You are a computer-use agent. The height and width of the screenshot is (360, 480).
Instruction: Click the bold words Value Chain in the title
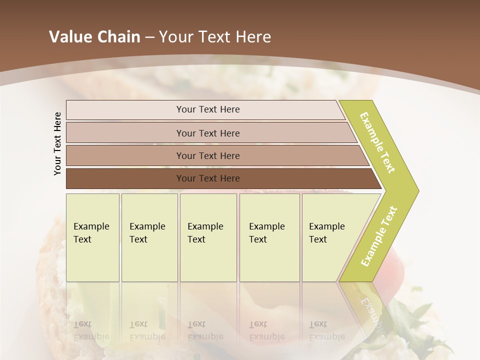coord(94,37)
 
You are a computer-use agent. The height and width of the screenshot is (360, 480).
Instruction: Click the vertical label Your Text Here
coord(57,144)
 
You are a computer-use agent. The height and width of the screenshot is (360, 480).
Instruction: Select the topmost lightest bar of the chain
coord(125,110)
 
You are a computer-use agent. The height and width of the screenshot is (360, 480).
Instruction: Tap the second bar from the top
coord(125,133)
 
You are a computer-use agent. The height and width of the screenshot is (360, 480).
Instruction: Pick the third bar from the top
coord(125,155)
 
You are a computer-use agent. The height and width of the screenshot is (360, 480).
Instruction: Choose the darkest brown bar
coord(125,178)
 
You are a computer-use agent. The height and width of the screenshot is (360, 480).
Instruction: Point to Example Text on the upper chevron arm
coord(377,142)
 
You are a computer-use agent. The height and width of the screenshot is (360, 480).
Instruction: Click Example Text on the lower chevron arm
coord(379,236)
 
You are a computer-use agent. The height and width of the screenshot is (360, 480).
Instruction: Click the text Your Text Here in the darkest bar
coord(208,178)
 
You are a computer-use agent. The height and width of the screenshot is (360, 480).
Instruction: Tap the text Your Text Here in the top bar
coord(208,109)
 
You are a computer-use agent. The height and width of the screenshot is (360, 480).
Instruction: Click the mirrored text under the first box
coord(91,330)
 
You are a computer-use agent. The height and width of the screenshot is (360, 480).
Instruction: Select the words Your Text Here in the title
coord(215,37)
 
